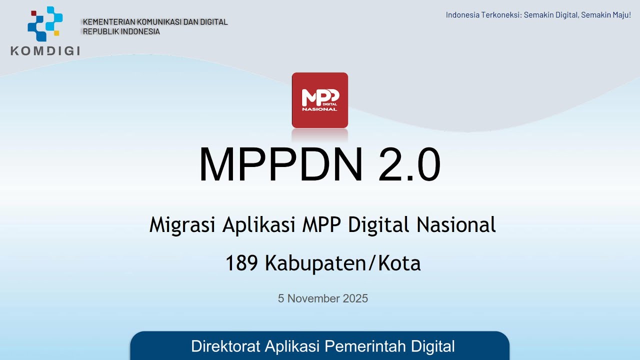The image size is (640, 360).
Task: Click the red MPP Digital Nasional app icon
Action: [319, 100]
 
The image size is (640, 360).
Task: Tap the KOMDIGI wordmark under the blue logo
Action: [45, 50]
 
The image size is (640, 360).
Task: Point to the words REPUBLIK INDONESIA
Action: [121, 31]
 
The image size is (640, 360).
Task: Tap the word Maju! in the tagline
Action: [620, 15]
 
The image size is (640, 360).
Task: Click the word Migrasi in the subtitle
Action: [182, 225]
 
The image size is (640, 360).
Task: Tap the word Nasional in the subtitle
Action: [456, 225]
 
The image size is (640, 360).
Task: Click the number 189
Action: [242, 263]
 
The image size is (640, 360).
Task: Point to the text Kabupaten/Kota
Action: [342, 263]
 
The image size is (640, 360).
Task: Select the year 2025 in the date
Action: [355, 298]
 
